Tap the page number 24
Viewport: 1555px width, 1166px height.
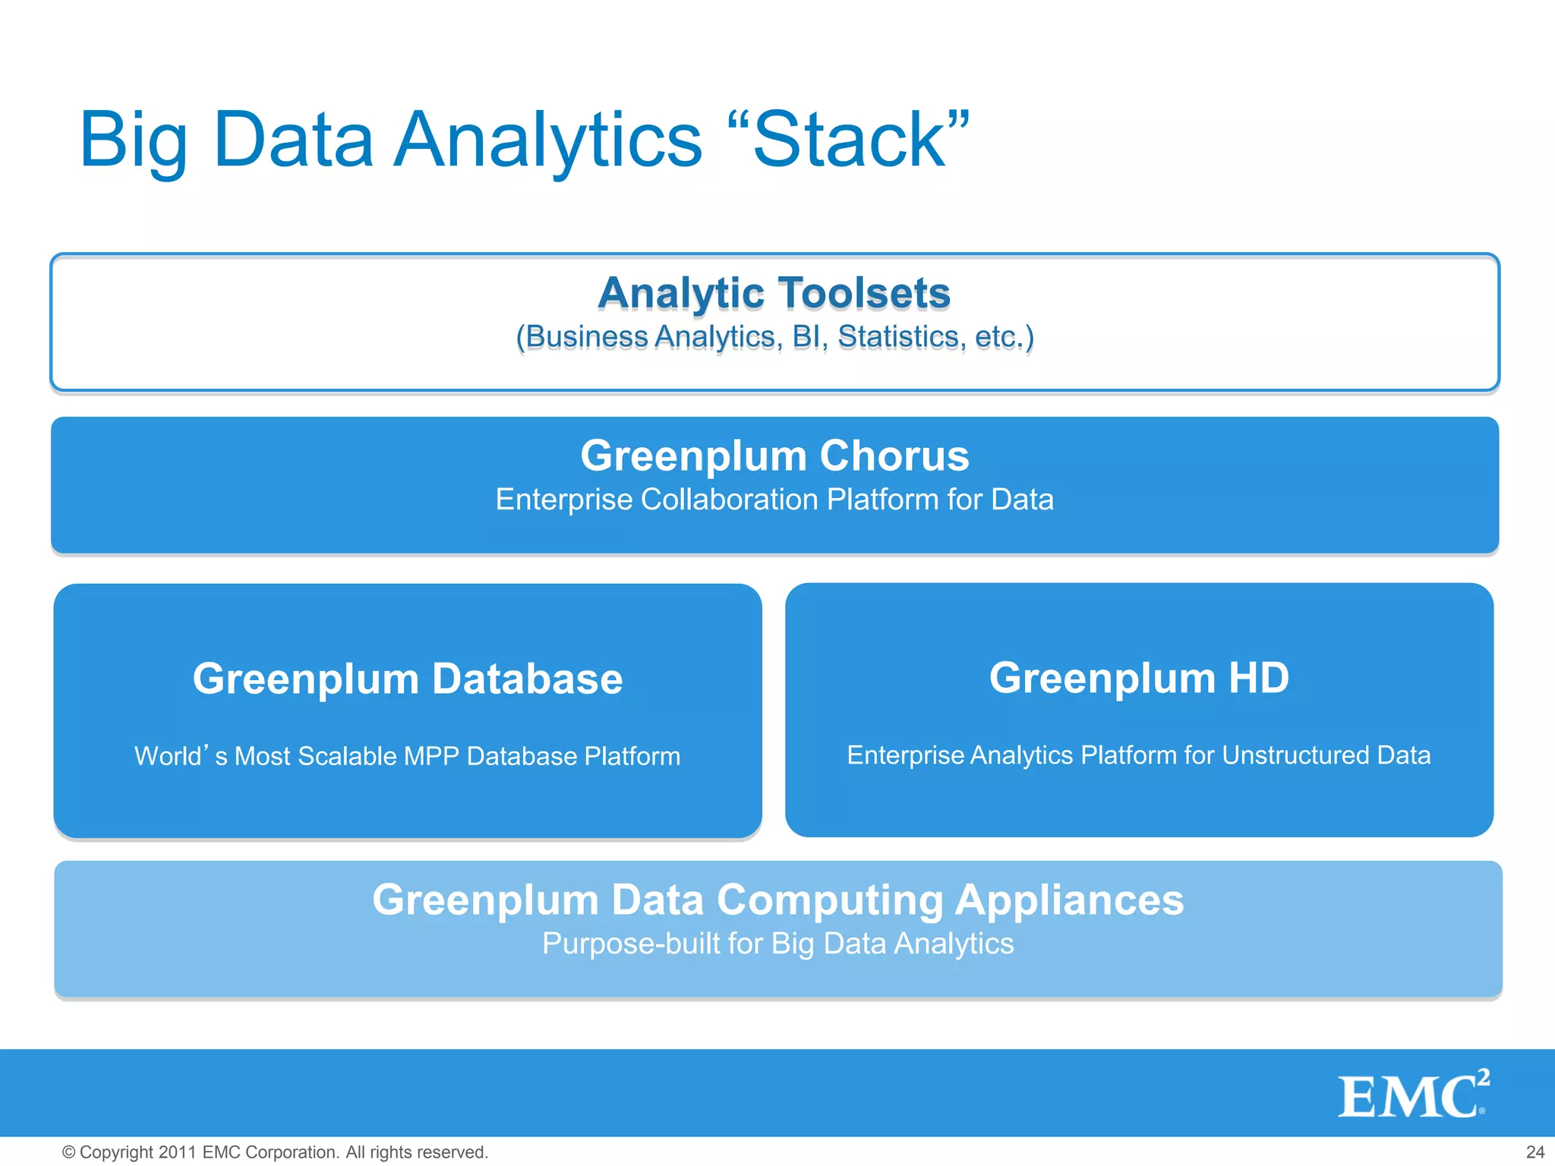pos(1534,1152)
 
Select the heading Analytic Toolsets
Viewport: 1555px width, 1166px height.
pos(774,293)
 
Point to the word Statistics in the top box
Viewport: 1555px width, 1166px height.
pos(898,336)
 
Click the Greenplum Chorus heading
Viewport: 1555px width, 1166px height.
pos(774,455)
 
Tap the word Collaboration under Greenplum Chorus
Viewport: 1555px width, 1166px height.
pos(728,499)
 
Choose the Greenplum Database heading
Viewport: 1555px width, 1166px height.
pos(407,678)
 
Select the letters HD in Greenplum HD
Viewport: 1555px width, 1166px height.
pos(1258,677)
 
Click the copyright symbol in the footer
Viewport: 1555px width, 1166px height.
pos(68,1152)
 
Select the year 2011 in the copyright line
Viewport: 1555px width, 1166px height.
pos(178,1152)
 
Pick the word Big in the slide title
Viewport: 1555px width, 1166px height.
pos(134,141)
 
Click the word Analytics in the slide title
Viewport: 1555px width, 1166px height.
pos(547,141)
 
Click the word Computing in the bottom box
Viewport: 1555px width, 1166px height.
pos(830,900)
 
